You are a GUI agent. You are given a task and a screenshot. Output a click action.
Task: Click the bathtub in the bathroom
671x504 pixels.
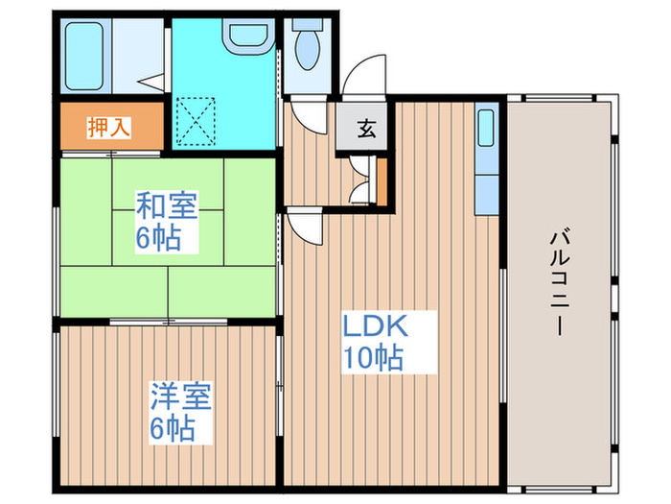[87, 54]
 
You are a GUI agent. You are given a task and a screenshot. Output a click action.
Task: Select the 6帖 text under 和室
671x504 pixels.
[158, 238]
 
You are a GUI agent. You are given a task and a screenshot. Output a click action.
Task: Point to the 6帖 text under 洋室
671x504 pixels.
[172, 428]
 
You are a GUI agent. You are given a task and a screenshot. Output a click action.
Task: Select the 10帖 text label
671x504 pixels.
[373, 358]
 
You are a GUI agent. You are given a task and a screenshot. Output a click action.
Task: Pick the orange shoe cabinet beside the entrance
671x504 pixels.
[382, 181]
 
